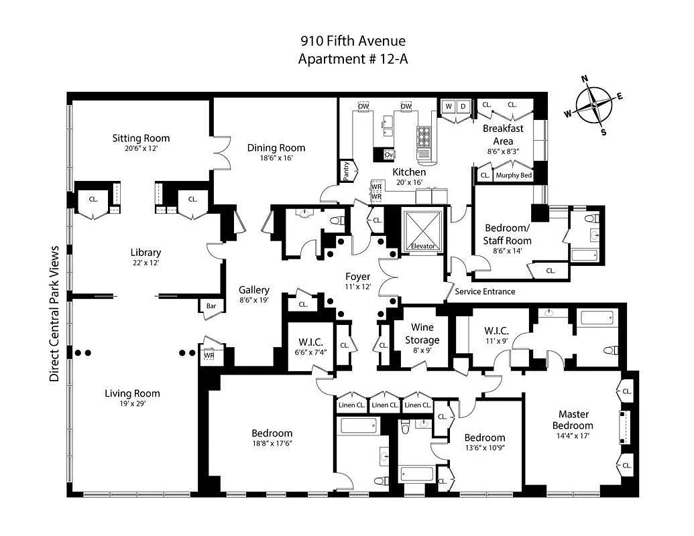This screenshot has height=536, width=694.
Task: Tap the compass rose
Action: point(594,106)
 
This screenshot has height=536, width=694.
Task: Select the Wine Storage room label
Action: point(422,334)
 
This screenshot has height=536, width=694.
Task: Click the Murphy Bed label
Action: point(514,176)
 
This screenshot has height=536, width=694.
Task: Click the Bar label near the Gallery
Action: point(211,306)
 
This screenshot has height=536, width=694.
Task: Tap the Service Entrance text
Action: point(485,291)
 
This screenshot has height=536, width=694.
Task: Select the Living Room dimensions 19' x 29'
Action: point(132,404)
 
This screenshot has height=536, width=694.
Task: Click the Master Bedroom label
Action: point(572,420)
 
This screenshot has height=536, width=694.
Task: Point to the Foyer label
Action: point(357,276)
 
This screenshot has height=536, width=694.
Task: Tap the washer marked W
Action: point(449,106)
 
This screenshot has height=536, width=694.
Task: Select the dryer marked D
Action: point(463,106)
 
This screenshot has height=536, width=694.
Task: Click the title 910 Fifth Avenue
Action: point(353,42)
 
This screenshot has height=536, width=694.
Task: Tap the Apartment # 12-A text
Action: point(353,59)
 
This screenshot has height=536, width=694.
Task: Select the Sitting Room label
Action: point(141,138)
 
